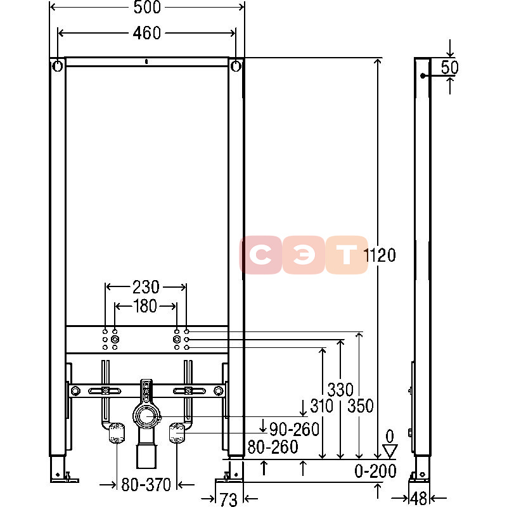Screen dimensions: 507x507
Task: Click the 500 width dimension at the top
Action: point(147,7)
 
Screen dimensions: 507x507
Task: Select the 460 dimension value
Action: point(147,33)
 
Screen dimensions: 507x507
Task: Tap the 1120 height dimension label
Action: point(380,255)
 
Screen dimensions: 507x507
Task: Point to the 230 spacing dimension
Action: point(146,287)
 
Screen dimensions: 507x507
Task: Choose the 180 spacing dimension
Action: point(146,306)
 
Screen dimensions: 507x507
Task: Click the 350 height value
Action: point(361,406)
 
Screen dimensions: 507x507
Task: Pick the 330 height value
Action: point(340,390)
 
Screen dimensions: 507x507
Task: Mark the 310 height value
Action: point(322,406)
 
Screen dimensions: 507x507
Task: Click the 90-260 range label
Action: point(294,430)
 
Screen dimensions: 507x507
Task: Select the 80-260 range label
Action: point(273,447)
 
